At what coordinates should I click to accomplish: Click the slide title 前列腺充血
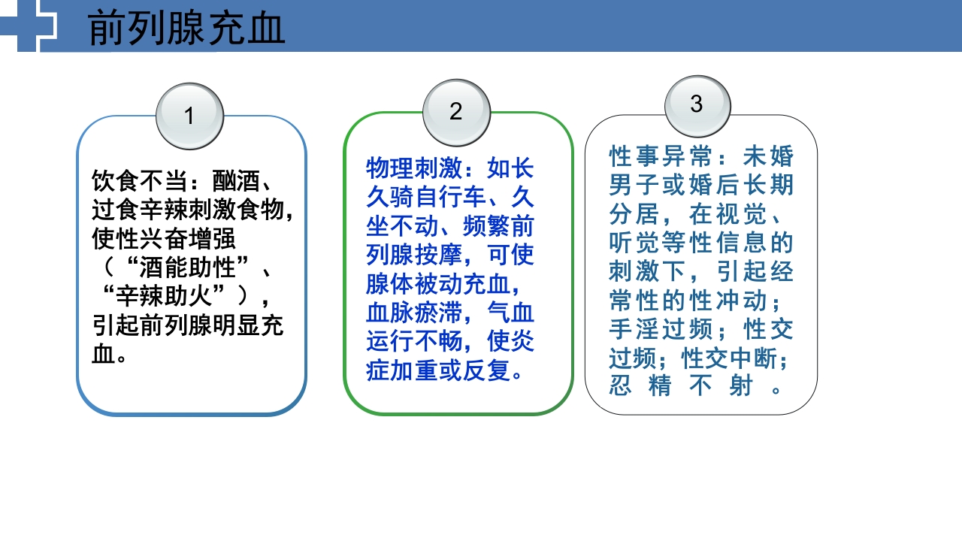pos(186,29)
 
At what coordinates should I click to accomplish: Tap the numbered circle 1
pos(189,116)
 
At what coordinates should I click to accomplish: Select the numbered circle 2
pos(456,112)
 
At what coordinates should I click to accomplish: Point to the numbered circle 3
pos(697,104)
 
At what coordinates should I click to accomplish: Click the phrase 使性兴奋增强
pos(164,239)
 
